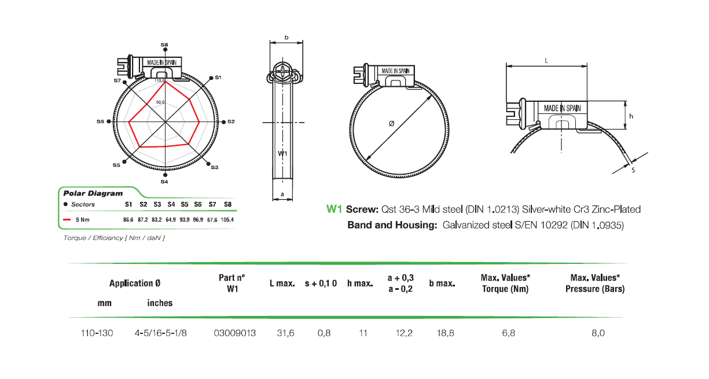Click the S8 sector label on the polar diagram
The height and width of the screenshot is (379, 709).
pos(164,45)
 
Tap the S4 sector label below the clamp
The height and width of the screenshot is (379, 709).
pos(164,182)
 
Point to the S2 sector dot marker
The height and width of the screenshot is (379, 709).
pos(224,122)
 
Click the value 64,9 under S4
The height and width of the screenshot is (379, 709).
pos(171,220)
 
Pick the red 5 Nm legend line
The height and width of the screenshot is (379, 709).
pos(67,220)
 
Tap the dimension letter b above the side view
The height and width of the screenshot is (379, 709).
pos(286,38)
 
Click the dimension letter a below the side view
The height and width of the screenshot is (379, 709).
pos(282,194)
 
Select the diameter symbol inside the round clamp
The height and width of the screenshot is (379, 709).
pos(392,124)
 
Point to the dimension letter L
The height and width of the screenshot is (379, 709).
pos(546,60)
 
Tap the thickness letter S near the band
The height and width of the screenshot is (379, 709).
pos(633,170)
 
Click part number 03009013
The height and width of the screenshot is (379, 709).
pos(234,333)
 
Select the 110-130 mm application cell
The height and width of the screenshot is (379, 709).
pos(97,333)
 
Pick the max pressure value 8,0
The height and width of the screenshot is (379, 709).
pos(597,333)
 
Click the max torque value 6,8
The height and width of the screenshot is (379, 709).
pos(509,333)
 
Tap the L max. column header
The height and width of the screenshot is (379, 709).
pos(282,284)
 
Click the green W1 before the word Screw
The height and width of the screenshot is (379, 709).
pos(335,209)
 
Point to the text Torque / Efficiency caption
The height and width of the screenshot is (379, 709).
pos(114,238)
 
